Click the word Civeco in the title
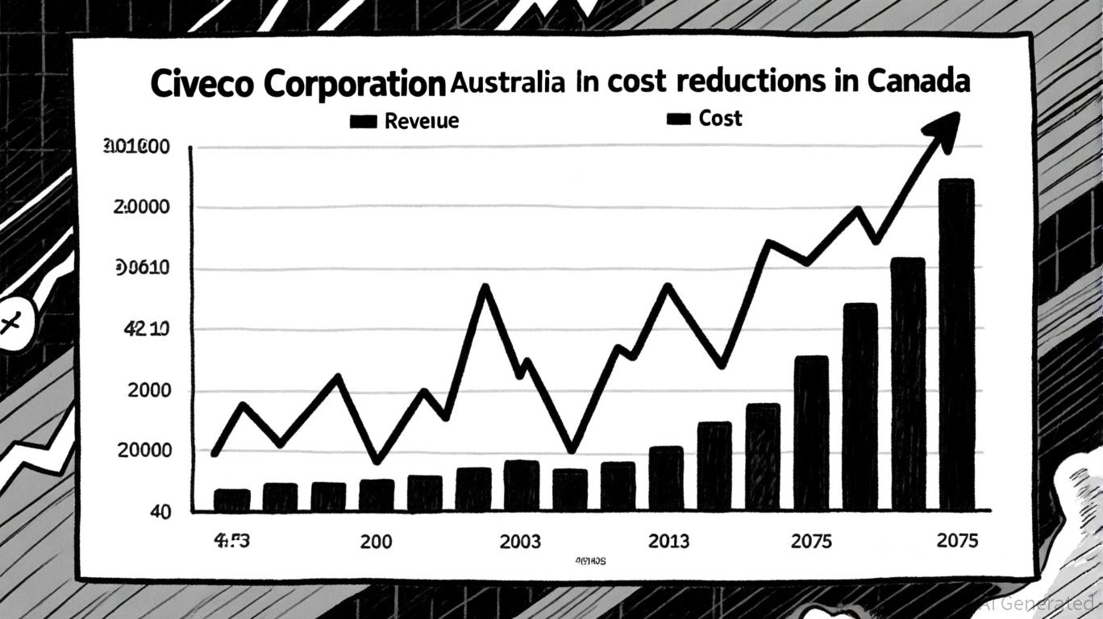(x=198, y=85)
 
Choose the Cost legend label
(x=720, y=118)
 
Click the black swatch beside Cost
(x=679, y=119)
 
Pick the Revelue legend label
(x=422, y=121)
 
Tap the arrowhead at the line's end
(x=943, y=130)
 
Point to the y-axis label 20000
(x=144, y=451)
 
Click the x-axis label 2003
(x=520, y=542)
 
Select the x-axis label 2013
(x=668, y=542)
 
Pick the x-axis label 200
(x=377, y=542)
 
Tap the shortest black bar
(x=231, y=500)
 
